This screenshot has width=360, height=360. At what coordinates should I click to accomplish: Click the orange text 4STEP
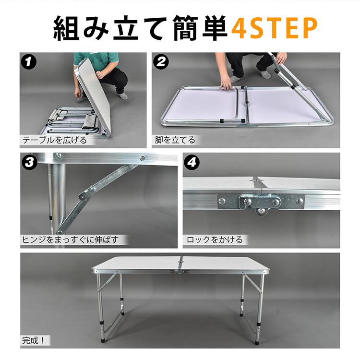[275, 28]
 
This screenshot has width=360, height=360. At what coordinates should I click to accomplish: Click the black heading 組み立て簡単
[140, 28]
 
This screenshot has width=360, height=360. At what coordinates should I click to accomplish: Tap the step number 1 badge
[29, 61]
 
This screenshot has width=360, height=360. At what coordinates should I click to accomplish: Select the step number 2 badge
[161, 61]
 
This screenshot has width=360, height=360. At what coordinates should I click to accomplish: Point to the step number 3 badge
[29, 162]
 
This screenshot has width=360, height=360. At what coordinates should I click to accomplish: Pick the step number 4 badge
[192, 162]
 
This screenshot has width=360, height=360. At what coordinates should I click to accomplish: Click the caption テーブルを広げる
[55, 140]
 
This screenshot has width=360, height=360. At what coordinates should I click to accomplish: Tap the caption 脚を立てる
[175, 140]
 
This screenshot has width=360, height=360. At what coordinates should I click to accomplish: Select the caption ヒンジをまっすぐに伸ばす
[71, 240]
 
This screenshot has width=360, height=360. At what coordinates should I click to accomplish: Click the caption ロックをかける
[215, 240]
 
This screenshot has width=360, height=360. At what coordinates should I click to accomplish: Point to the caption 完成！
[33, 340]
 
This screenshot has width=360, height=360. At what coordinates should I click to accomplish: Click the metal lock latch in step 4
[261, 202]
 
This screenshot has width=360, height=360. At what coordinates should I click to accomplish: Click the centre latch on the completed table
[180, 272]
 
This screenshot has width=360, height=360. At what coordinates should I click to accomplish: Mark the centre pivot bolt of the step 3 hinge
[93, 190]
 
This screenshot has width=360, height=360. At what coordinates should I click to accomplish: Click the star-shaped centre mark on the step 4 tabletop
[257, 180]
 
